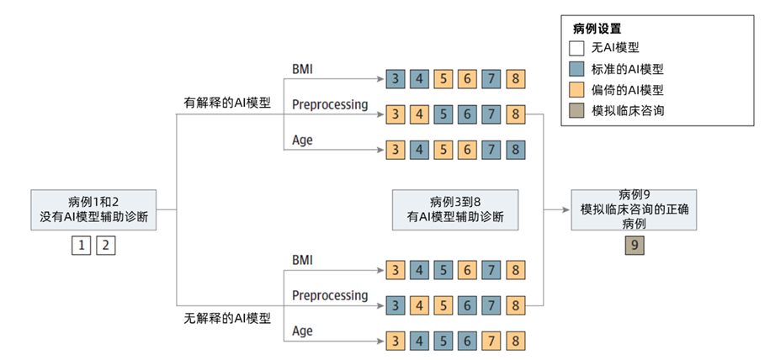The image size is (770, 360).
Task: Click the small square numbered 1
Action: (x=81, y=246)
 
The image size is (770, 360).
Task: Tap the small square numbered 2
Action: (x=106, y=246)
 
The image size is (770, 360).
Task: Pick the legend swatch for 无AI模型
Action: (x=576, y=48)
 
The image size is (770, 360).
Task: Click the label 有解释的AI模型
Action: (x=227, y=103)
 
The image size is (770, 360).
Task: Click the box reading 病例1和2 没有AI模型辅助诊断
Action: (x=93, y=209)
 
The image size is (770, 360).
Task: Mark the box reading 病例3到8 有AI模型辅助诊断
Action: (x=455, y=209)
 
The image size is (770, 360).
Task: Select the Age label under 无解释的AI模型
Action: (x=302, y=331)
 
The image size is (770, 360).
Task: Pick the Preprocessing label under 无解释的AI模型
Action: (x=330, y=295)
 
